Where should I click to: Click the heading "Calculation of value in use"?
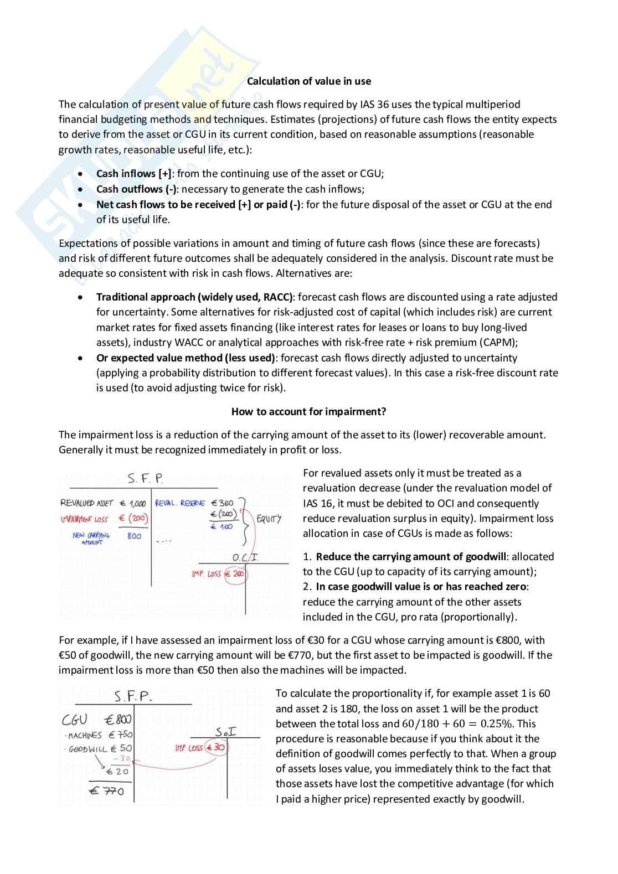pyautogui.click(x=308, y=81)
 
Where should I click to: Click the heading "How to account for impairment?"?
pyautogui.click(x=308, y=411)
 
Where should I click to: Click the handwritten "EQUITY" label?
pyautogui.click(x=269, y=519)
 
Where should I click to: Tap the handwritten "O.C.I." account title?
pyautogui.click(x=245, y=557)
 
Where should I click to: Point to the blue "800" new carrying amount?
pyautogui.click(x=134, y=536)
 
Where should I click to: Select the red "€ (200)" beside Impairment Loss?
pyautogui.click(x=133, y=519)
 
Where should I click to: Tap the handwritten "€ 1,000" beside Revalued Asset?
pyautogui.click(x=133, y=503)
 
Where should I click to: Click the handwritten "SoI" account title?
pyautogui.click(x=225, y=732)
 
